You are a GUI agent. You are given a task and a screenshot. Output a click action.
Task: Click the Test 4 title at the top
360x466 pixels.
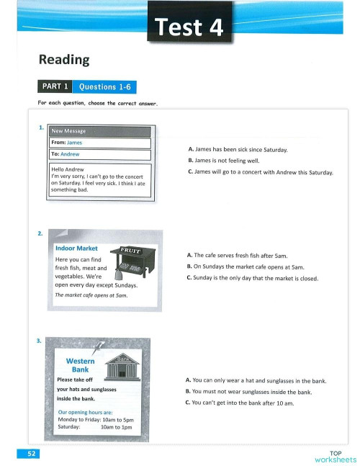pos(190,29)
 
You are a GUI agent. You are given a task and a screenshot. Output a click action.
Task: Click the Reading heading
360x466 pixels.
pos(63,60)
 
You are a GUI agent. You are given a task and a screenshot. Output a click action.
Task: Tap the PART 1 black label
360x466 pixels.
pos(55,86)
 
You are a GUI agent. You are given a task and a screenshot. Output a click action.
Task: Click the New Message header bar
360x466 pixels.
pos(100,131)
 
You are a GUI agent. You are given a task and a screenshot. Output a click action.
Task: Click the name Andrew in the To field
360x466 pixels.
pos(70,154)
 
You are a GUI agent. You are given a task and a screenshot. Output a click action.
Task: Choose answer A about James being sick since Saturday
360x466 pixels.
pos(237,149)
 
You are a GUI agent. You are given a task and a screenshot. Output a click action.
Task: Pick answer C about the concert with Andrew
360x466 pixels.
pos(260,171)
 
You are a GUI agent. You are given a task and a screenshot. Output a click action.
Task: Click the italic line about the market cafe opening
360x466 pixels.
pos(91,295)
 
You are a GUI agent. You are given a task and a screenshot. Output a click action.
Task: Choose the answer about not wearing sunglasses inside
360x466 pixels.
pos(248,392)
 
